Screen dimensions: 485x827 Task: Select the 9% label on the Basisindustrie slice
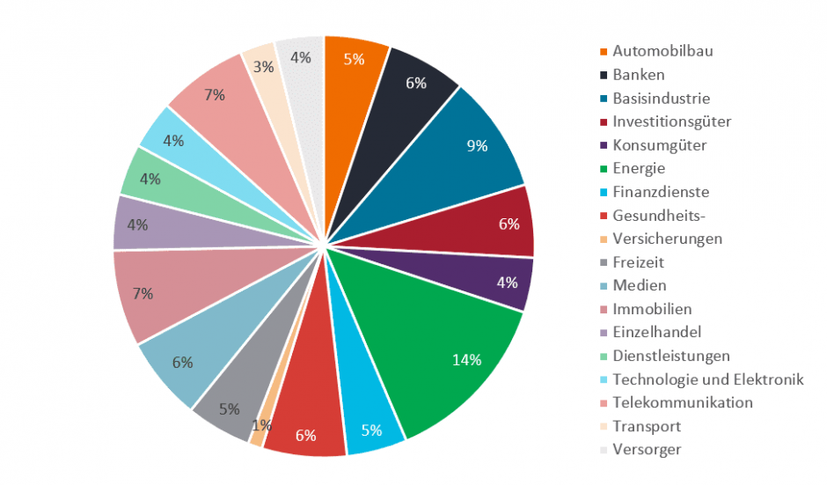coord(478,146)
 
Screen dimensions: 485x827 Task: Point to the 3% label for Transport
coord(262,67)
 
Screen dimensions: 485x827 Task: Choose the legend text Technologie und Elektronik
coord(707,379)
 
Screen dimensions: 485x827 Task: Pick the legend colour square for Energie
coord(604,169)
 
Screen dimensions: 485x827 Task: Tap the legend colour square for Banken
coord(604,75)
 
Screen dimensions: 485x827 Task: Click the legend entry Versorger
coord(647,450)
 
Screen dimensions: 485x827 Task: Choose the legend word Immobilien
coord(652,309)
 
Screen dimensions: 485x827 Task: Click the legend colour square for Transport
coord(604,427)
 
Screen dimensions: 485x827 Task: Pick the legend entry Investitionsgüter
coord(671,121)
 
